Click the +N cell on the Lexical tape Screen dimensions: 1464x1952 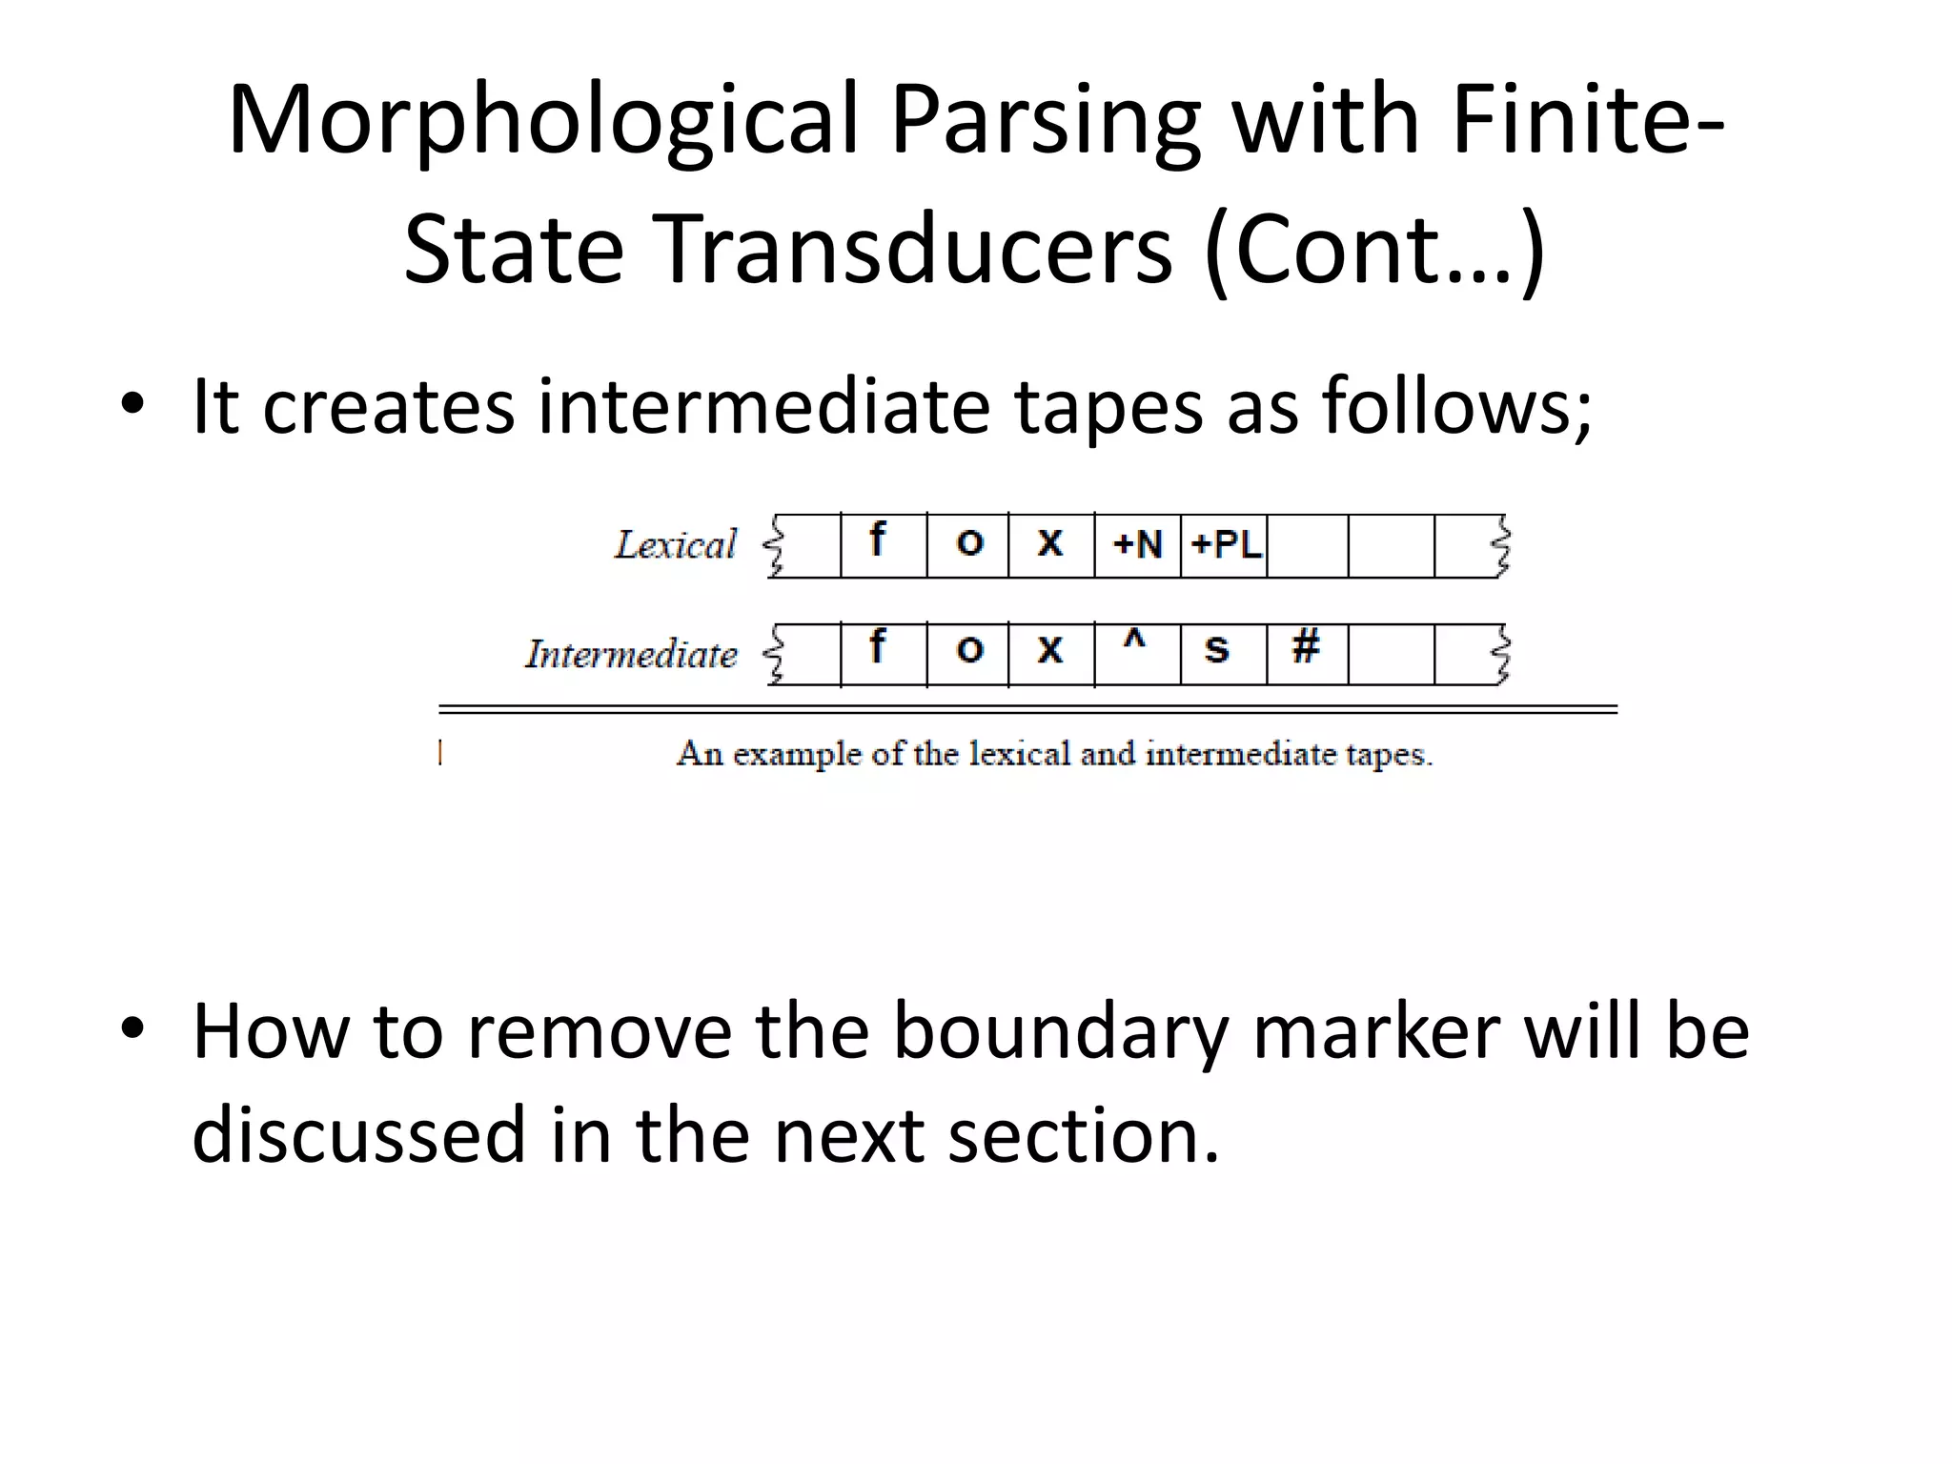point(1138,545)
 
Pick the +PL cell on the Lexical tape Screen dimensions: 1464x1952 point(1226,545)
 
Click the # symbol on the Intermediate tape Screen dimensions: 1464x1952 point(1305,647)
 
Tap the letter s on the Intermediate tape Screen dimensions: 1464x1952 point(1216,649)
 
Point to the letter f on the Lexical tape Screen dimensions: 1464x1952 point(877,540)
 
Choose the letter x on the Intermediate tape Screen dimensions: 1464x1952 point(1049,650)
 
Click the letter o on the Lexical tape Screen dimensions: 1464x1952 point(969,543)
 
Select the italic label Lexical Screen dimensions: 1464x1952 point(676,545)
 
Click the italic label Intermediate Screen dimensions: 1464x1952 point(632,655)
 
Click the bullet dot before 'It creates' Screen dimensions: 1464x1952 point(132,406)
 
